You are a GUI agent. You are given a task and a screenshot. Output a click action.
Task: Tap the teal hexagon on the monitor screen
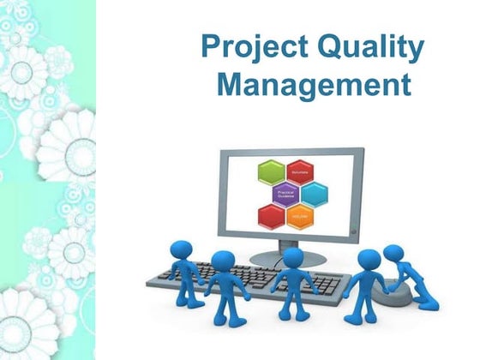tap(313, 193)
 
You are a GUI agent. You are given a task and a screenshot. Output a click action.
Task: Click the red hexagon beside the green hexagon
tap(299, 171)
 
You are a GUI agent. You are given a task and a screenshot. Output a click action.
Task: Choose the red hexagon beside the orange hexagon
tap(272, 214)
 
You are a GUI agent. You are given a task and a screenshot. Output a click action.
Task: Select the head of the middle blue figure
tap(292, 258)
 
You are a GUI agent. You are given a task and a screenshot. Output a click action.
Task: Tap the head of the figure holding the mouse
tap(393, 255)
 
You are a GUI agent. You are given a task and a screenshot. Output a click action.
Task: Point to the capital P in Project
tap(211, 48)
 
